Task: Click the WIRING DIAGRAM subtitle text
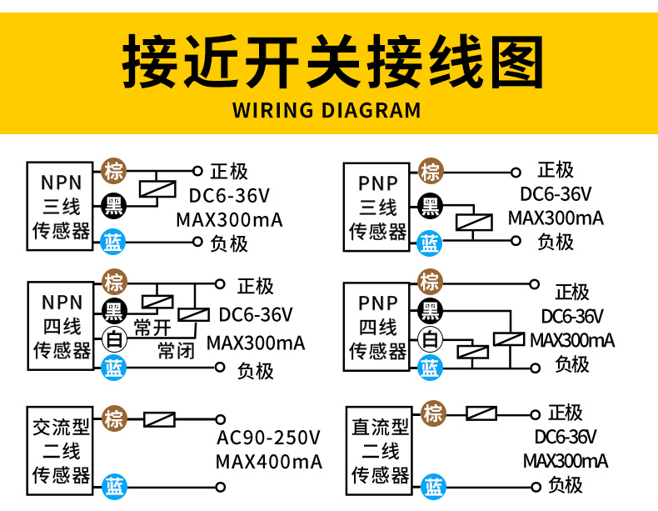click(327, 110)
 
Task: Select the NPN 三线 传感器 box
click(60, 206)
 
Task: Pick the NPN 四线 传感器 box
click(60, 326)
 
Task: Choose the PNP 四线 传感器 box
click(376, 326)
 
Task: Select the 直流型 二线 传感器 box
click(379, 451)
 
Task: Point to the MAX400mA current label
click(268, 462)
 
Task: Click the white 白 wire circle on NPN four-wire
click(112, 339)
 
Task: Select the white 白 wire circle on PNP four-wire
click(430, 338)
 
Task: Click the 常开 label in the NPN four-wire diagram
click(152, 328)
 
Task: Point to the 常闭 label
click(176, 351)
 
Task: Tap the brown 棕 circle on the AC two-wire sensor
click(112, 418)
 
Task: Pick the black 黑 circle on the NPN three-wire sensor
click(112, 205)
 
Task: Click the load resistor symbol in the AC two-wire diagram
click(159, 418)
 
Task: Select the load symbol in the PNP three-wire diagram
click(471, 223)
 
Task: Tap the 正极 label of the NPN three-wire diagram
click(229, 172)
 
